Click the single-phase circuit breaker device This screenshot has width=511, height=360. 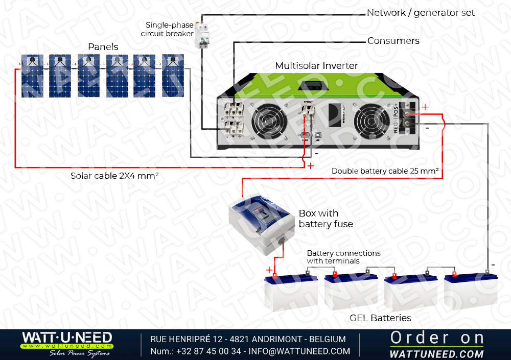(204, 36)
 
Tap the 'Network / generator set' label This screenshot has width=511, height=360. (421, 13)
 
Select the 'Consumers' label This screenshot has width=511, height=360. (393, 41)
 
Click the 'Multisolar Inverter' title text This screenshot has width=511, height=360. (316, 66)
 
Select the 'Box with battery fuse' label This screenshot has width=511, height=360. (326, 219)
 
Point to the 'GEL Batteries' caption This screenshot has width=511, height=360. (380, 318)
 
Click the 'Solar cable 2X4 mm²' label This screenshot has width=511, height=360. (114, 176)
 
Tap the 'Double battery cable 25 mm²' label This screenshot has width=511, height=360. (385, 171)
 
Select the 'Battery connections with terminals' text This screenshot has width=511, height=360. (343, 257)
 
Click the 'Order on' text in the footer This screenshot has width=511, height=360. (437, 338)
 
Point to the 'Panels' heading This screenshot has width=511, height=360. (103, 47)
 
